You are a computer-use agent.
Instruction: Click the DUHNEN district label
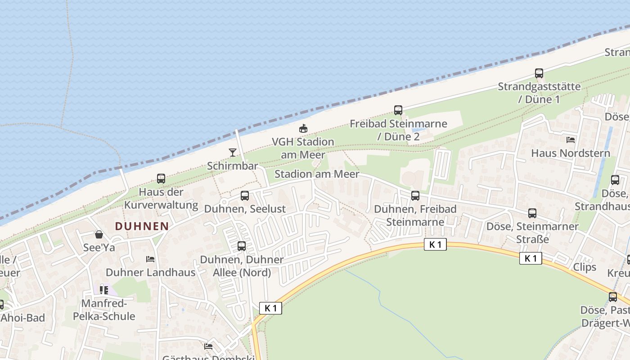point(142,226)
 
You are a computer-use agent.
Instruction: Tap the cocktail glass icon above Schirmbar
point(233,153)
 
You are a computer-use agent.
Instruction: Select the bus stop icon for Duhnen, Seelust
point(245,196)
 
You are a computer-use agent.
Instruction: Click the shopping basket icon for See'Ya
point(99,234)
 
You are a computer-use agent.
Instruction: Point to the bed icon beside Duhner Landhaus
point(150,259)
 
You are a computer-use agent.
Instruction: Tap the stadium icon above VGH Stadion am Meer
point(303,129)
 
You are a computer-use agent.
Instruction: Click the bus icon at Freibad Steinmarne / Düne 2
point(398,110)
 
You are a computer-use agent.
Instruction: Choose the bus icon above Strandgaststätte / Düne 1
point(539,73)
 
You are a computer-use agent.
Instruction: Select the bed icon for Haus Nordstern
point(571,140)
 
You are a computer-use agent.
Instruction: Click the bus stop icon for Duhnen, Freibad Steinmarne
point(415,196)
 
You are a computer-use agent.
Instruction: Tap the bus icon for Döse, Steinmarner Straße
point(532,213)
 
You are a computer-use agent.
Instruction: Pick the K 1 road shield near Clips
point(531,258)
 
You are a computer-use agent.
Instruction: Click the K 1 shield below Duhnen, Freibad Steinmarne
point(435,244)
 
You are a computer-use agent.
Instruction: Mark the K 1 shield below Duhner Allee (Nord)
point(271,308)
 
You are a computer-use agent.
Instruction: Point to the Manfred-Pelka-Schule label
point(104,310)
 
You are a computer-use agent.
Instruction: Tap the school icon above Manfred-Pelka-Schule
point(104,290)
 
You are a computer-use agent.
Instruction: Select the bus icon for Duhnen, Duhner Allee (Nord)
point(242,246)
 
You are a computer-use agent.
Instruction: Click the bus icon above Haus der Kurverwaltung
point(161,179)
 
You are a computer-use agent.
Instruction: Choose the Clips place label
point(585,267)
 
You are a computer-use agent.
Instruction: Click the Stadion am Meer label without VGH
point(317,174)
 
